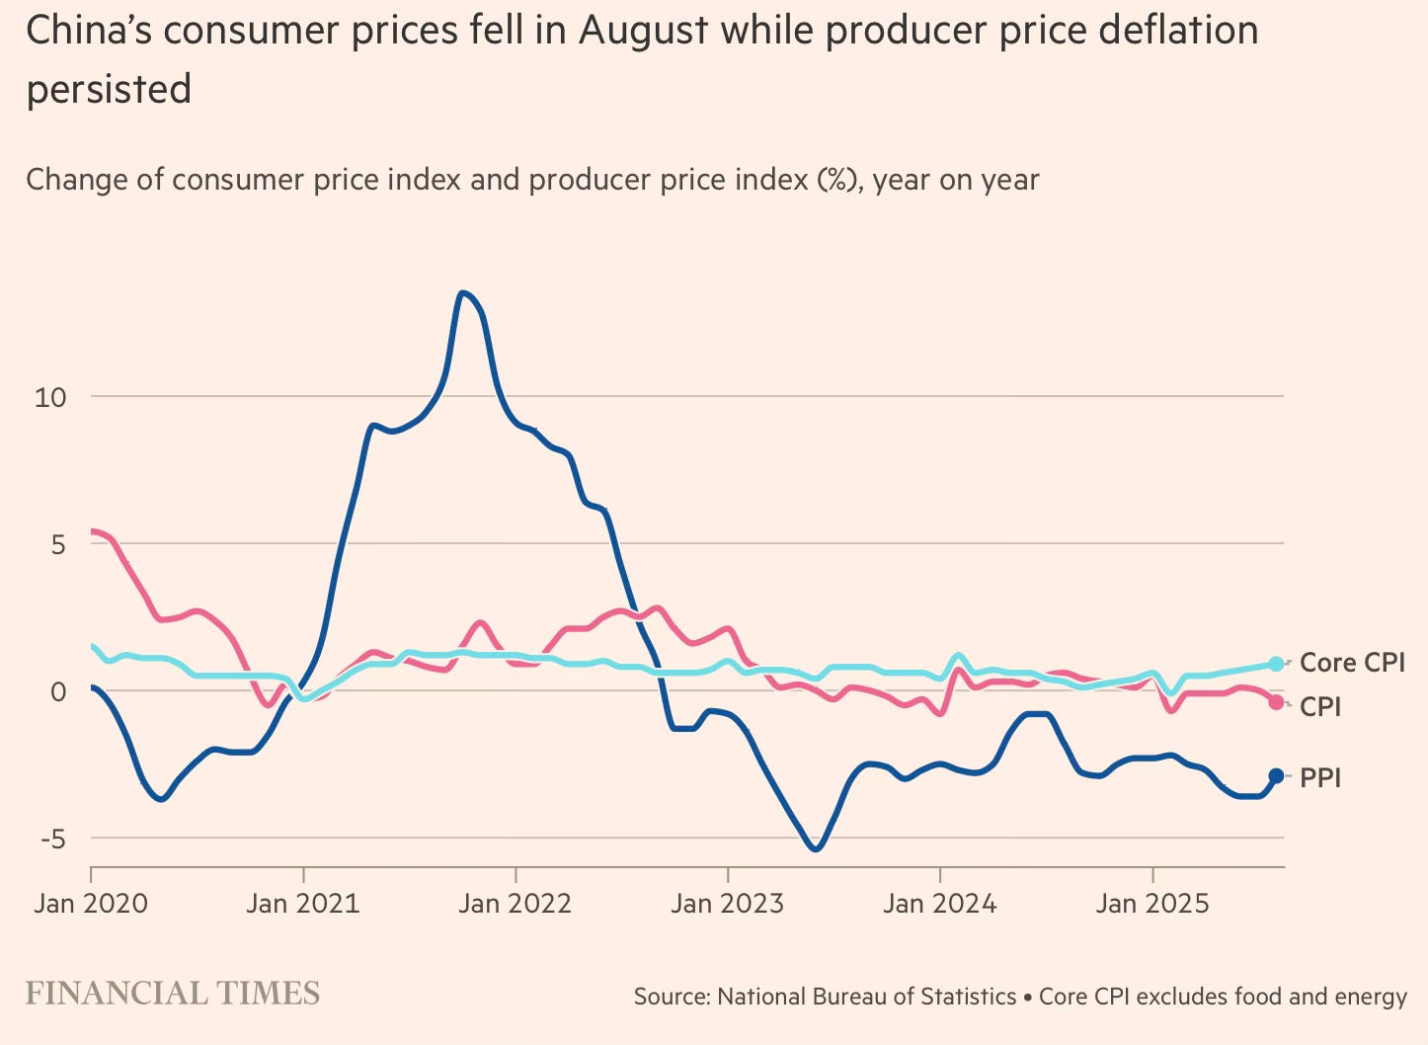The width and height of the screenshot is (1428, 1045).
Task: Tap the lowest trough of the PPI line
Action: click(816, 848)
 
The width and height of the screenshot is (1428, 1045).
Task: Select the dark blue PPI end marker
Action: click(1276, 776)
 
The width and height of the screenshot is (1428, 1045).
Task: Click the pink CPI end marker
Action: click(1276, 702)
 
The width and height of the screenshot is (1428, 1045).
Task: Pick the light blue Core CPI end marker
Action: click(1276, 664)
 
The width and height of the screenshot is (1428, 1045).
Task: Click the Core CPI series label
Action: click(1352, 663)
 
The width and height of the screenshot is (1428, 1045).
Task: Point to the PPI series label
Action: click(1320, 778)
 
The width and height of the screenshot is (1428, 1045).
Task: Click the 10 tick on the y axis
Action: click(49, 397)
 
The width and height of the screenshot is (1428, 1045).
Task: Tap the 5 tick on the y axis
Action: click(58, 544)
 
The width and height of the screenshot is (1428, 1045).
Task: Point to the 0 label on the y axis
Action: click(58, 691)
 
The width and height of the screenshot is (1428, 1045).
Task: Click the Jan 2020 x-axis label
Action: click(91, 903)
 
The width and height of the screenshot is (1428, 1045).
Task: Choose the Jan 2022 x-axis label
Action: click(516, 903)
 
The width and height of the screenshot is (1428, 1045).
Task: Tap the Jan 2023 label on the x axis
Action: click(728, 903)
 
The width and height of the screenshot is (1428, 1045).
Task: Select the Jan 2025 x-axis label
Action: click(1152, 903)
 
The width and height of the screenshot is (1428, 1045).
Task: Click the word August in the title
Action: click(643, 32)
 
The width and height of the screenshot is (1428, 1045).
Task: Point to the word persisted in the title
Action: click(109, 89)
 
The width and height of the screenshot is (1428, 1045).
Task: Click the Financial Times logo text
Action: click(173, 993)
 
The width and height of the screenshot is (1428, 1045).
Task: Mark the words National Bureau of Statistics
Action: click(867, 997)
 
